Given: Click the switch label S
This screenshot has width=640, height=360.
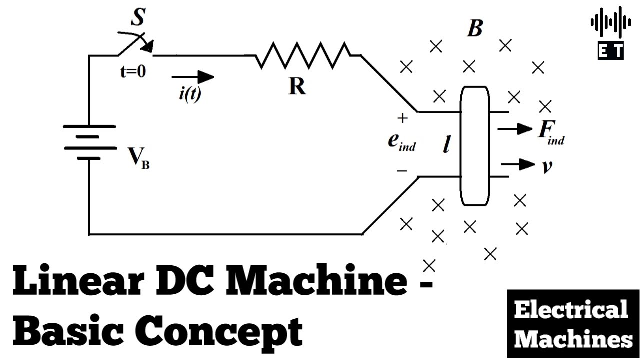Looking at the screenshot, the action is pyautogui.click(x=138, y=17).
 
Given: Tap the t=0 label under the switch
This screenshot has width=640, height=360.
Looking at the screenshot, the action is pyautogui.click(x=133, y=71).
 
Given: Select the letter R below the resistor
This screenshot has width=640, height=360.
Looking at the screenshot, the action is pyautogui.click(x=297, y=86).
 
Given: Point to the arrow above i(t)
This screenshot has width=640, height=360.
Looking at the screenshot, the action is pyautogui.click(x=193, y=77).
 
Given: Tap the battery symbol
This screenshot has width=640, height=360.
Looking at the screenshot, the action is pyautogui.click(x=90, y=142).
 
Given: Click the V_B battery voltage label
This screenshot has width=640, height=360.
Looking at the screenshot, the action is pyautogui.click(x=138, y=158).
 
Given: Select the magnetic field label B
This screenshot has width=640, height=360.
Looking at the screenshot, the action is pyautogui.click(x=475, y=28).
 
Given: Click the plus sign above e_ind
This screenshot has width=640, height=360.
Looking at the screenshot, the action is pyautogui.click(x=402, y=118).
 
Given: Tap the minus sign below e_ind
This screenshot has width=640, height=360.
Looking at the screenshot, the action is pyautogui.click(x=402, y=171).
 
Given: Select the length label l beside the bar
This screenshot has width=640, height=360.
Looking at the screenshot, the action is pyautogui.click(x=447, y=144).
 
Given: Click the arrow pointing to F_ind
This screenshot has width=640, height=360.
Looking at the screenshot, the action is pyautogui.click(x=515, y=129).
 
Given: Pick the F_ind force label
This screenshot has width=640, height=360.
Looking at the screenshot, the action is pyautogui.click(x=551, y=133).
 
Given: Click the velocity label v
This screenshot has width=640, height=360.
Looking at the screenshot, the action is pyautogui.click(x=547, y=166).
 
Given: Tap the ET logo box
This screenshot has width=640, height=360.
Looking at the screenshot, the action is pyautogui.click(x=611, y=51).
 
